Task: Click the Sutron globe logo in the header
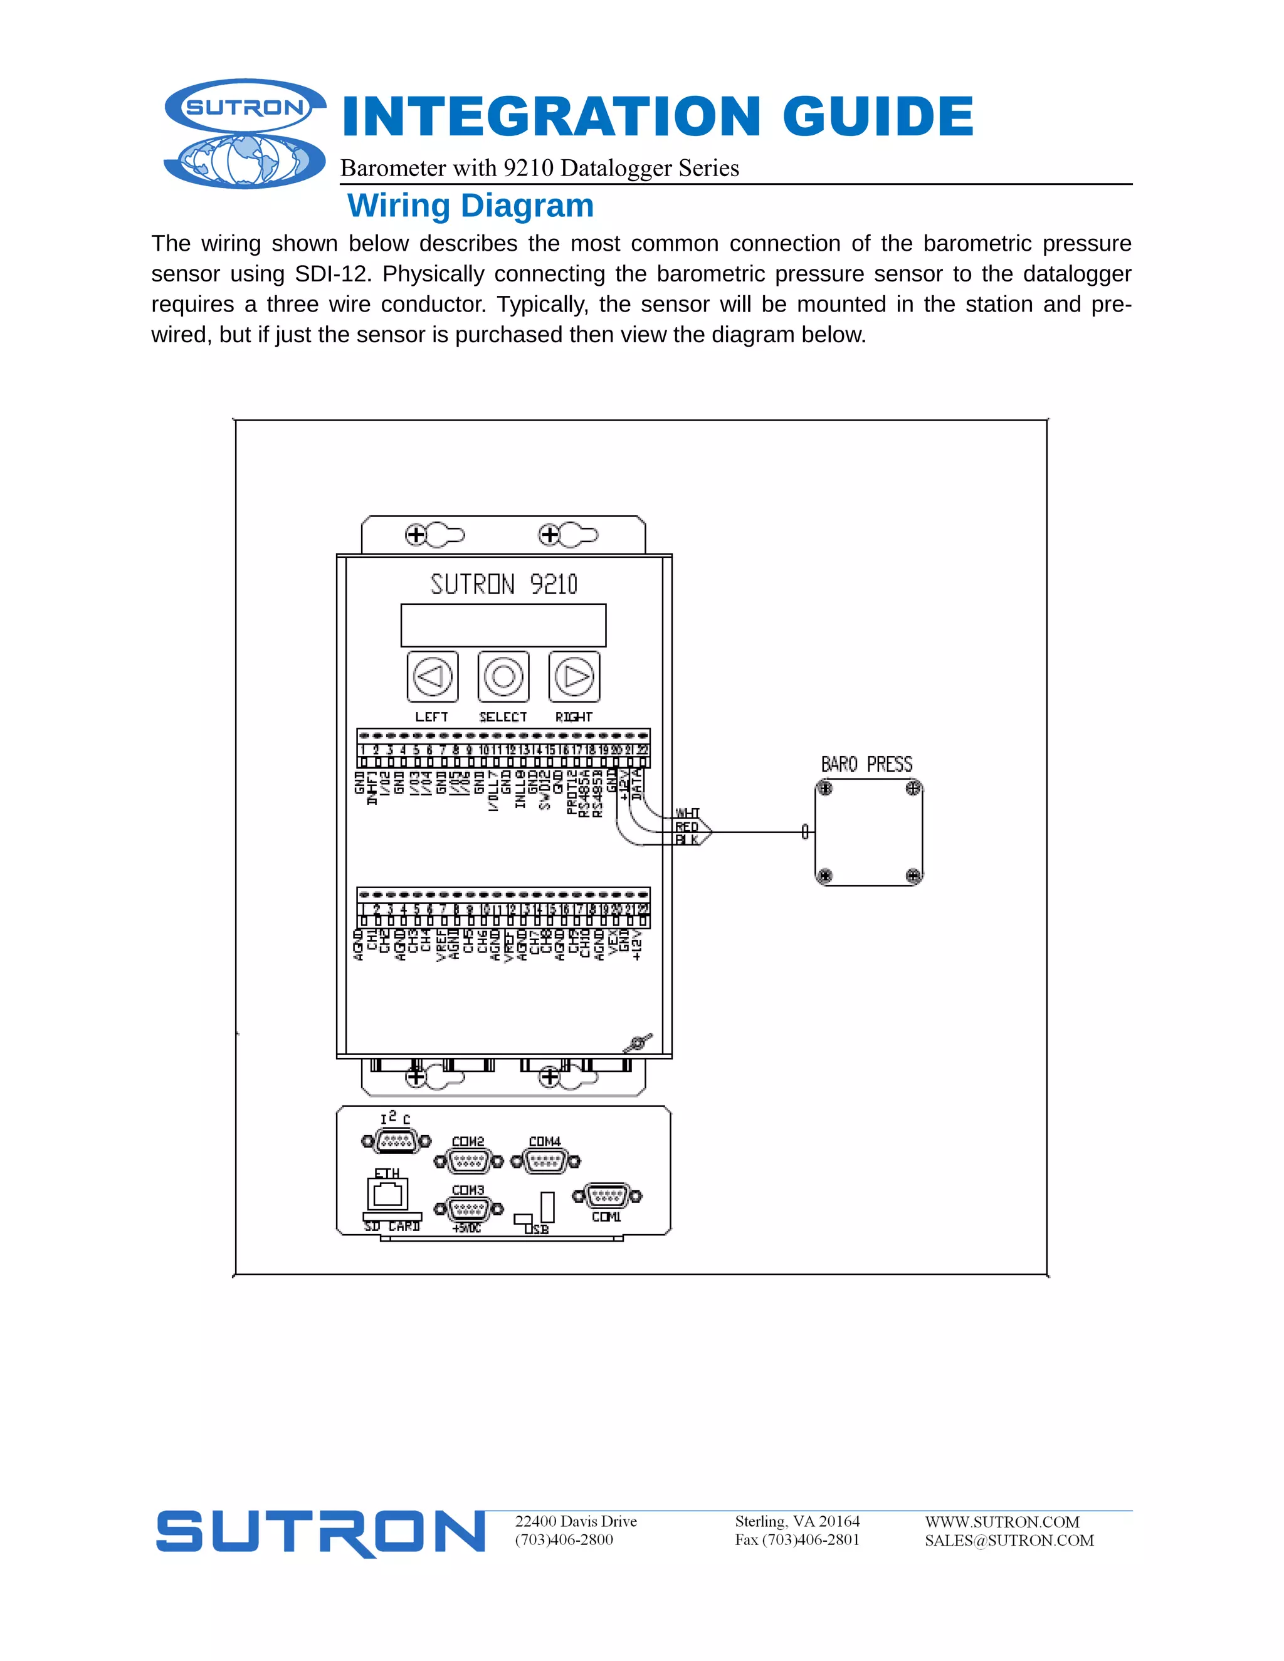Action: click(x=245, y=134)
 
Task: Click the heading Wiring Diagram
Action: click(x=470, y=206)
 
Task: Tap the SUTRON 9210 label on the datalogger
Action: click(x=503, y=584)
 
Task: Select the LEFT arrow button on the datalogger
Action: click(x=432, y=676)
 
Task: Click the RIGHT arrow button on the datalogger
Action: click(x=574, y=676)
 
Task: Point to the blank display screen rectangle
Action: click(x=503, y=625)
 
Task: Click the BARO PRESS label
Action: click(x=866, y=764)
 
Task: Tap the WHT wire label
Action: click(x=687, y=813)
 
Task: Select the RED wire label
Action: click(x=686, y=827)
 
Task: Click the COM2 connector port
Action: click(x=468, y=1161)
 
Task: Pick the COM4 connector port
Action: click(x=545, y=1161)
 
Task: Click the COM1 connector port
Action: click(x=606, y=1197)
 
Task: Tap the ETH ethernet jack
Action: click(x=388, y=1195)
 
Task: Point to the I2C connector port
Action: click(x=396, y=1141)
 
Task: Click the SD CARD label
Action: click(x=392, y=1227)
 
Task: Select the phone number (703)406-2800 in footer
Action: click(x=564, y=1540)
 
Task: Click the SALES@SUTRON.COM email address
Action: click(x=1009, y=1541)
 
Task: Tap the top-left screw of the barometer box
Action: click(x=825, y=788)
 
